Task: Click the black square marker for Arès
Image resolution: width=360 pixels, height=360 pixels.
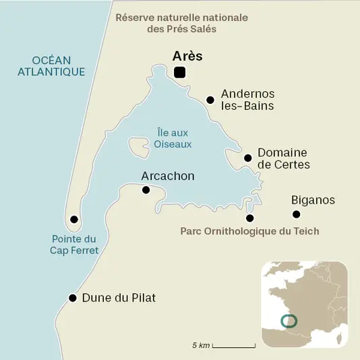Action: point(180,73)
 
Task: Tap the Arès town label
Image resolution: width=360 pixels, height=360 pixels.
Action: point(187,56)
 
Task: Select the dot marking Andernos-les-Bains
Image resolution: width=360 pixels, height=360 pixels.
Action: point(210,100)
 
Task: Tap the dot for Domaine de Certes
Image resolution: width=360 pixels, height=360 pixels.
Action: point(247,158)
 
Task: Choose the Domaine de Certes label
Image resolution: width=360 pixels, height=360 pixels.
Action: point(283,158)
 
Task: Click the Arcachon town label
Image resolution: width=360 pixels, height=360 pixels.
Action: point(167,176)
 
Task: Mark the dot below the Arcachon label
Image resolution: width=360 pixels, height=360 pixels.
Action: point(146,190)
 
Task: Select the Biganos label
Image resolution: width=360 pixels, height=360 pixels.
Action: point(313,200)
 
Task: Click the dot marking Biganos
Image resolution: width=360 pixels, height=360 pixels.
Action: point(295,214)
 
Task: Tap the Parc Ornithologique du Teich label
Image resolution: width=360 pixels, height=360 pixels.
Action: point(249,231)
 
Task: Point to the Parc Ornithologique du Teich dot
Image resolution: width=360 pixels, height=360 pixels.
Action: point(250,218)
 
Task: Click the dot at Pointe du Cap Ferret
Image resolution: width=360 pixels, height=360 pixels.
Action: point(74,220)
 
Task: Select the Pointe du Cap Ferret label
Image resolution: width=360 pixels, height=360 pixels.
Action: point(75,244)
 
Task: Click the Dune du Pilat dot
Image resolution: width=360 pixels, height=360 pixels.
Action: point(72,297)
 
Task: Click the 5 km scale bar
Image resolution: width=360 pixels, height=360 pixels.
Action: point(233,346)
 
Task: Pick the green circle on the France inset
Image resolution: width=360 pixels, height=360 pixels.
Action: point(287,321)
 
